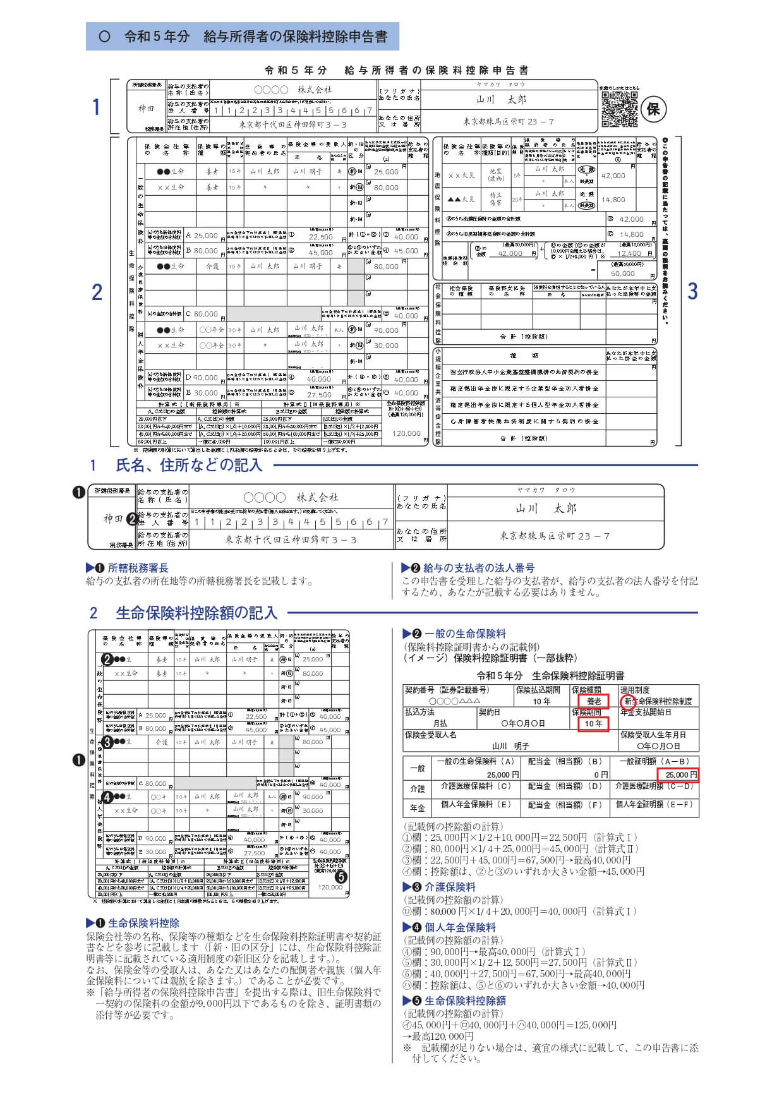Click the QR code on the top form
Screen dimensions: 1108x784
click(x=619, y=109)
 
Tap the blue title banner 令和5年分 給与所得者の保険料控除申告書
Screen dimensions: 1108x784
click(x=243, y=37)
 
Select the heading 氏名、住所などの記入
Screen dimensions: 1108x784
click(x=188, y=466)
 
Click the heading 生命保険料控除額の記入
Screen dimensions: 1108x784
click(x=196, y=613)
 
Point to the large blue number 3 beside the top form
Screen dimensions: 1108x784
click(x=692, y=291)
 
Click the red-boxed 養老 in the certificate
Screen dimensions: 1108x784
click(x=594, y=701)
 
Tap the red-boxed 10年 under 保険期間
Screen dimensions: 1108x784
click(x=593, y=724)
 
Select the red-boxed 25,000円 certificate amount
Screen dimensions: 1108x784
click(x=678, y=774)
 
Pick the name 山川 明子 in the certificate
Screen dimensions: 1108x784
click(x=510, y=746)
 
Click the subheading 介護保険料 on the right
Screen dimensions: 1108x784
click(x=450, y=887)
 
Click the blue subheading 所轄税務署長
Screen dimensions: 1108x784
click(x=138, y=568)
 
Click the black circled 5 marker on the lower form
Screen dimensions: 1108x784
click(x=341, y=876)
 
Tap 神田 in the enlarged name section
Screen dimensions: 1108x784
click(x=113, y=519)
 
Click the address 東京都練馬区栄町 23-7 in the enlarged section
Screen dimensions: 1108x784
click(x=555, y=536)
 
